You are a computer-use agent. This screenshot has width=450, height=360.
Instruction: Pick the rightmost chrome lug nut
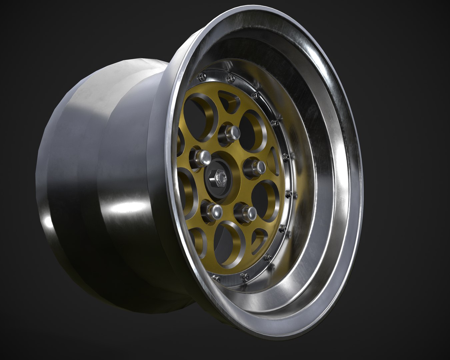coord(257,167)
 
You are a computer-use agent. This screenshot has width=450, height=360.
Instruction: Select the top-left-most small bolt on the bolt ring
coord(201,76)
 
